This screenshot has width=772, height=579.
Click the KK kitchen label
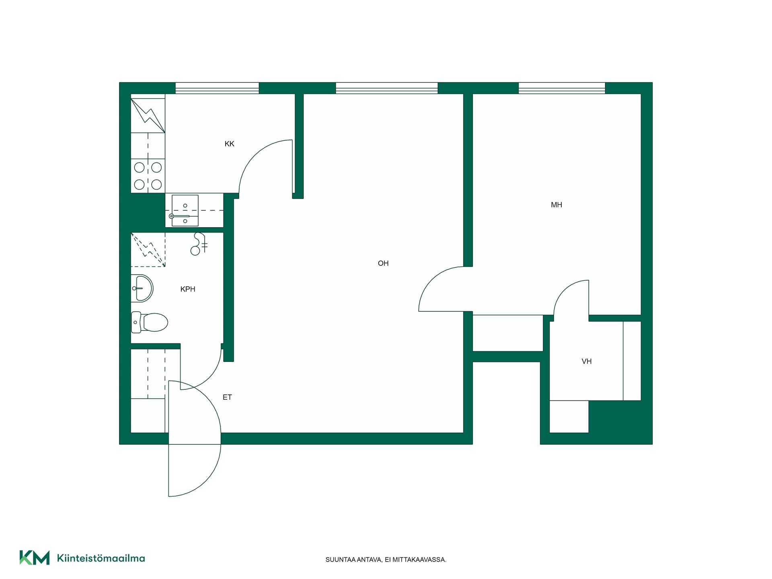point(229,144)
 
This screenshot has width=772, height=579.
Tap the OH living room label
point(383,263)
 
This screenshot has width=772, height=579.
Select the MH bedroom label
point(556,205)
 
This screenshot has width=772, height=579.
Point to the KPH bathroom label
point(188,289)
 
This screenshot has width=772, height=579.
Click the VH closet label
point(587,361)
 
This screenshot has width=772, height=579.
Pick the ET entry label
point(227,397)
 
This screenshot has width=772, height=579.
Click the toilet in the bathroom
point(149,322)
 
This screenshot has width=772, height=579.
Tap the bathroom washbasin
point(142,288)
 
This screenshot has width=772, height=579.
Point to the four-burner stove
point(148,176)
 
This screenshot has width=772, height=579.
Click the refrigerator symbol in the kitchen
point(148,115)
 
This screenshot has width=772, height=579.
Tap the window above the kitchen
point(217,88)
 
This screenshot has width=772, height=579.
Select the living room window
point(386,88)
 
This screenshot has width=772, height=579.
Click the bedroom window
point(562,88)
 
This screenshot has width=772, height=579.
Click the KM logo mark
point(35,558)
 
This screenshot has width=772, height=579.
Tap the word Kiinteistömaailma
point(101,558)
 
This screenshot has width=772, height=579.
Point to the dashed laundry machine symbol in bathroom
point(148,250)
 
